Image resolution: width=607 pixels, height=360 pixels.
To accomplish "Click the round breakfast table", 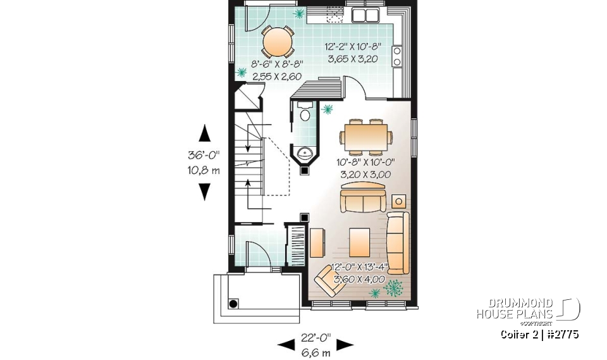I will (278, 42).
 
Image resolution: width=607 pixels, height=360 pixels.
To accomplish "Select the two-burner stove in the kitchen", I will (398, 56).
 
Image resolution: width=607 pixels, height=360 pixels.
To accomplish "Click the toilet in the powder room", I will (305, 114).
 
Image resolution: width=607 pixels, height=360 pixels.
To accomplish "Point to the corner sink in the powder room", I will (305, 152).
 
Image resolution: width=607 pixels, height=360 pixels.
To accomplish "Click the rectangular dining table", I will (365, 135).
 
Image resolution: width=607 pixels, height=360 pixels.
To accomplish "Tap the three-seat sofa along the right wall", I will (398, 234).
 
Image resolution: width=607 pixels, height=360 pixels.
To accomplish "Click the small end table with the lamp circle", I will (400, 201).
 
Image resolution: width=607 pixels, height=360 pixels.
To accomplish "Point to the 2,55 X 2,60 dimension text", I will (278, 77).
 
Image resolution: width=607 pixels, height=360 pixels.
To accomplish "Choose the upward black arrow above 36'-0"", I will (204, 134).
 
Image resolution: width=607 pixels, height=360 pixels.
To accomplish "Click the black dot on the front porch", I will (233, 304).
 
